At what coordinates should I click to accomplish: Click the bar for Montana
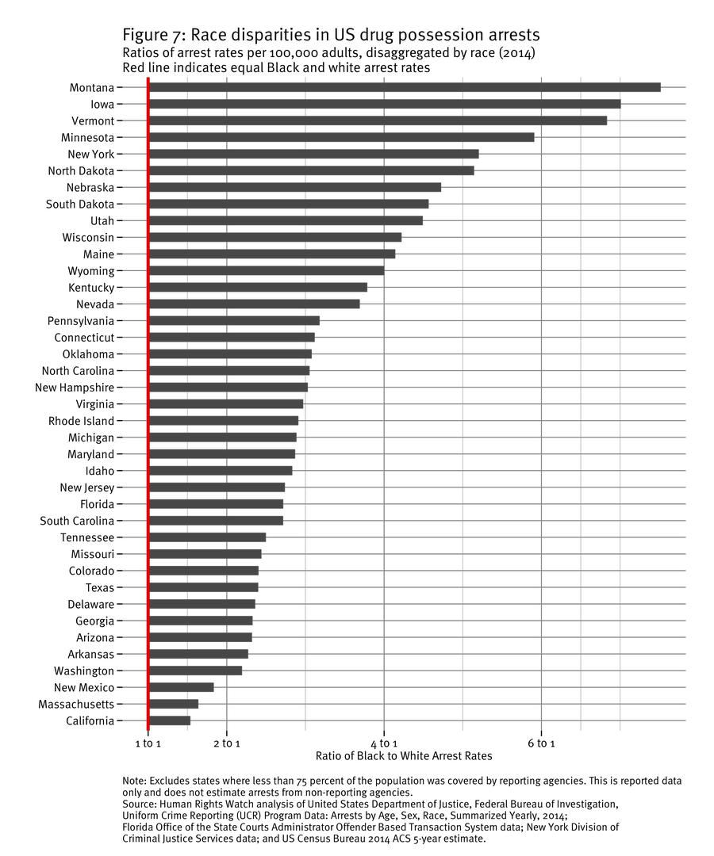click(x=405, y=87)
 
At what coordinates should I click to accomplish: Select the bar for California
click(x=170, y=720)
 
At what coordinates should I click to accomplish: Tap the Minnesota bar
click(x=341, y=137)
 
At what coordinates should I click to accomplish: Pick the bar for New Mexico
click(x=182, y=687)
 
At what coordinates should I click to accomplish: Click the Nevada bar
click(x=254, y=304)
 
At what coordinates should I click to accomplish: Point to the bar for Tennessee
click(x=207, y=537)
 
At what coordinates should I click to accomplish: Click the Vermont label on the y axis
click(x=92, y=120)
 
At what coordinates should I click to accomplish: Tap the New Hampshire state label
click(x=75, y=388)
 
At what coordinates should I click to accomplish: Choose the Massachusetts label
click(x=76, y=704)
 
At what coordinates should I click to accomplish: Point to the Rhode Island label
click(x=81, y=421)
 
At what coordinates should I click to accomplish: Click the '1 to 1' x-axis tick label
click(x=148, y=743)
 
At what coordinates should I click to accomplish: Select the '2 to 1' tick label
click(x=227, y=743)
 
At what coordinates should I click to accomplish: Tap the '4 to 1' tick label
click(x=384, y=743)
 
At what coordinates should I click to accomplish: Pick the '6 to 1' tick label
click(x=541, y=743)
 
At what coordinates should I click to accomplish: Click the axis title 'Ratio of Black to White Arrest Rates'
click(x=404, y=757)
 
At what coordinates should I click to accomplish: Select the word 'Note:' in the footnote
click(x=136, y=781)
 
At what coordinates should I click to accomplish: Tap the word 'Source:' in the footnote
click(x=140, y=804)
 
